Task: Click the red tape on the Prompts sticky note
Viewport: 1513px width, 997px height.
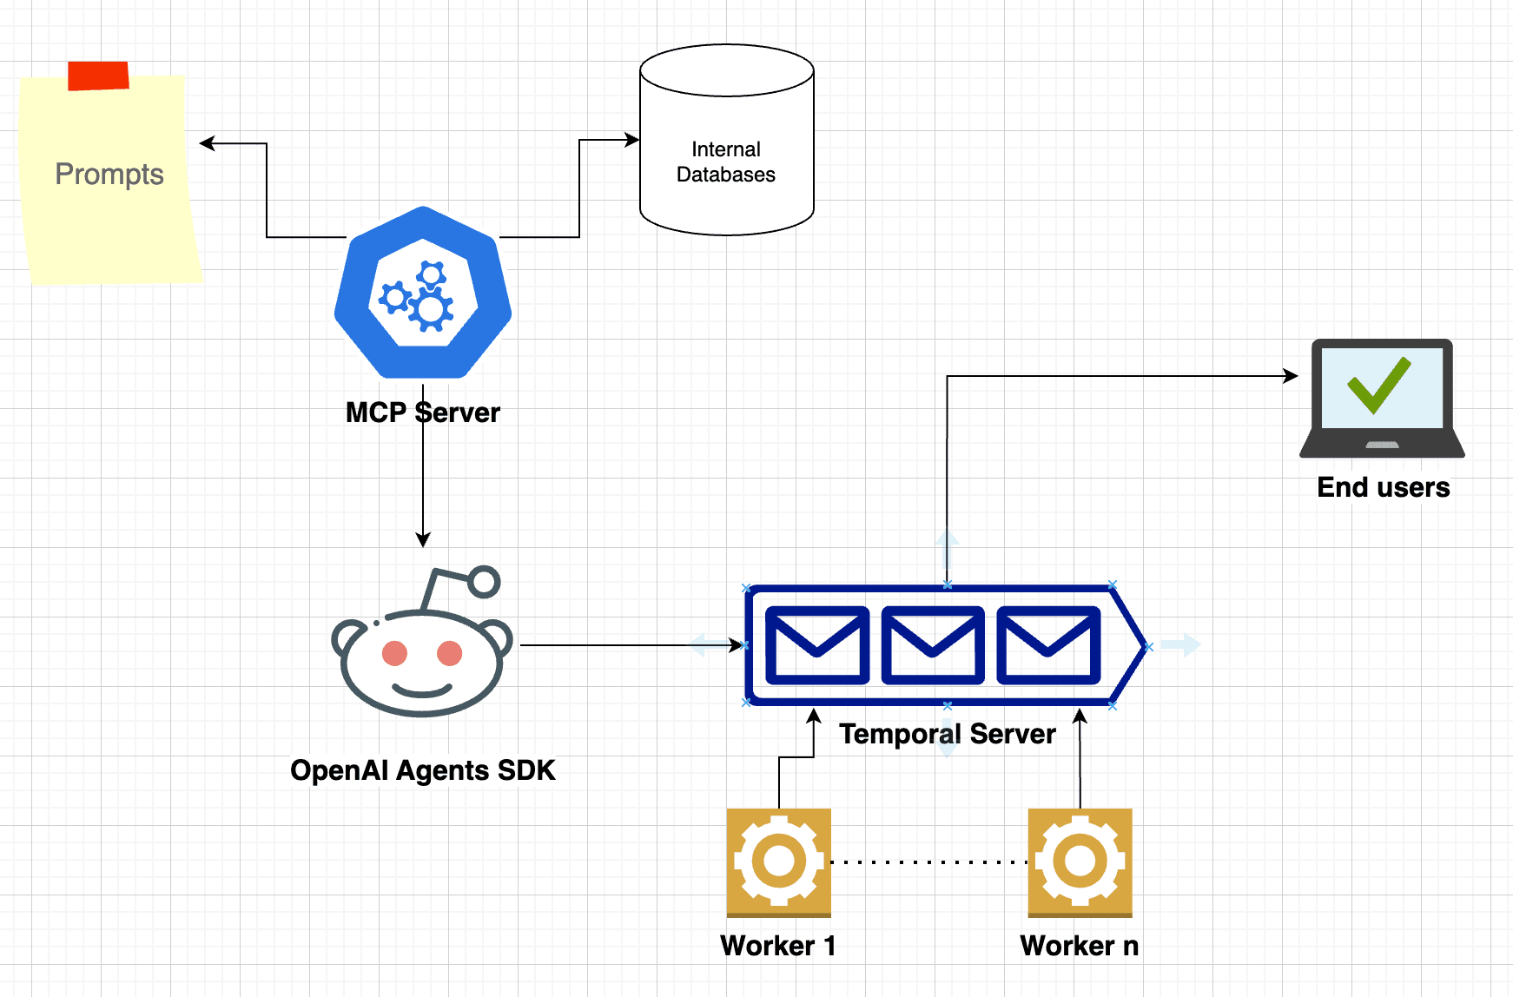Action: tap(98, 76)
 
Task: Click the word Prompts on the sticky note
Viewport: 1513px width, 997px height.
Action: tap(109, 175)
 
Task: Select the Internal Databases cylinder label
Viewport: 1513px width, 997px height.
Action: tap(726, 162)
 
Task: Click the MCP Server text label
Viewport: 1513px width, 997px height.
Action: tap(423, 413)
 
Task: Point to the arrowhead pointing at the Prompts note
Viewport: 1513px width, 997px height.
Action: tap(207, 143)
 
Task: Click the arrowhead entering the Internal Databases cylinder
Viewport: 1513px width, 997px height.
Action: tap(632, 139)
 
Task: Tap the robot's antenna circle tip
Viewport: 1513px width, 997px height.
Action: tap(484, 582)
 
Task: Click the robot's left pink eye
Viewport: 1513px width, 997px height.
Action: tap(395, 653)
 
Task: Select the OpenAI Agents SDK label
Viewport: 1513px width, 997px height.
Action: tap(423, 770)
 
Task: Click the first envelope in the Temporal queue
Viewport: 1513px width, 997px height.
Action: tap(817, 645)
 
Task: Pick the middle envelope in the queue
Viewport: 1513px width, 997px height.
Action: tap(933, 645)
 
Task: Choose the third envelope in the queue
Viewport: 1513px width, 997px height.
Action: tap(1048, 645)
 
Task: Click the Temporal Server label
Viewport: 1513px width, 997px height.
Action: tap(948, 735)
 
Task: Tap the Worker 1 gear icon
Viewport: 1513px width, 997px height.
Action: tap(779, 862)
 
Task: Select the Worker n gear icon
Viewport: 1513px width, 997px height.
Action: tap(1080, 862)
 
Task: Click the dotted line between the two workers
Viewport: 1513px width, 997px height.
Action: tap(929, 862)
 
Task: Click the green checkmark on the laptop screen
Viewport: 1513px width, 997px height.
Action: tap(1379, 385)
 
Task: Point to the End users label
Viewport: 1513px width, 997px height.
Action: tap(1384, 487)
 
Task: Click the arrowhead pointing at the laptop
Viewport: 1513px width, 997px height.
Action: tap(1291, 376)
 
